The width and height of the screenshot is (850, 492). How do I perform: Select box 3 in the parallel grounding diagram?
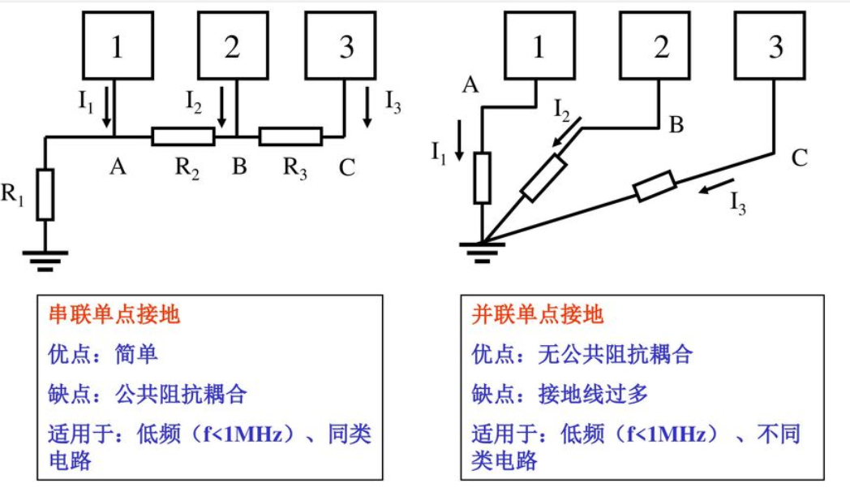776,47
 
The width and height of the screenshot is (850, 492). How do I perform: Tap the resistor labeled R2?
183,136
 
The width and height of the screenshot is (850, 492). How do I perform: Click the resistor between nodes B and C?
290,136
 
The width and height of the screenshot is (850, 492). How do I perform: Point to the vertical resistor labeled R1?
45,195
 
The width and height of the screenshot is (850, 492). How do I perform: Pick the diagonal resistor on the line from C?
655,186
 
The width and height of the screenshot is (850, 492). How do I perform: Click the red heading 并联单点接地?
538,315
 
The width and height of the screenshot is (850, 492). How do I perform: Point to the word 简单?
135,355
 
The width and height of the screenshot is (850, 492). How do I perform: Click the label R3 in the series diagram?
294,168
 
